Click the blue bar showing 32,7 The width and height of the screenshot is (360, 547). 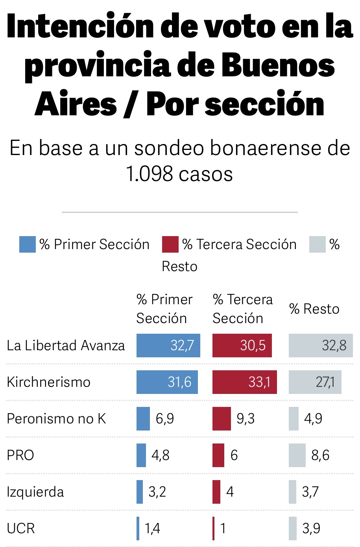168,346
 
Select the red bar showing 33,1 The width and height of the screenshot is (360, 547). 244,382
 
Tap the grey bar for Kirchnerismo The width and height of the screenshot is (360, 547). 315,382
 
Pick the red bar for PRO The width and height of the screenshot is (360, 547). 218,455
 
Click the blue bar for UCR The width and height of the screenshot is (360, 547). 138,528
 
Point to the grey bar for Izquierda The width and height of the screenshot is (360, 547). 292,492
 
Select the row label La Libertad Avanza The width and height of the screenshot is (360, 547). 66,346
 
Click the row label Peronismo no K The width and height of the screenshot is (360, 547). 56,419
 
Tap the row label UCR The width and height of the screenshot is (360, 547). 21,528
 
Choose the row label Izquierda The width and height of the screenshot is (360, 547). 35,492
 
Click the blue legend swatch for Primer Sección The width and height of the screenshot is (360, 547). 27,244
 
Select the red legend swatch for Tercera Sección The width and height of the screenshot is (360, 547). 170,244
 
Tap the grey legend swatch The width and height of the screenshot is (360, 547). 317,244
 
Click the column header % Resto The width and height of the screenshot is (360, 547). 314,309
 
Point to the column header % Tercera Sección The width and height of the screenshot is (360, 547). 242,309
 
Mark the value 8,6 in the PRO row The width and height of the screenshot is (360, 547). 320,455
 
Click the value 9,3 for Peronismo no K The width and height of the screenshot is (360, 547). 246,419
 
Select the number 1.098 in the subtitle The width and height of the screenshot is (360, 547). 150,174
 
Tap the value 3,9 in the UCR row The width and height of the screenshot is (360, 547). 311,528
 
